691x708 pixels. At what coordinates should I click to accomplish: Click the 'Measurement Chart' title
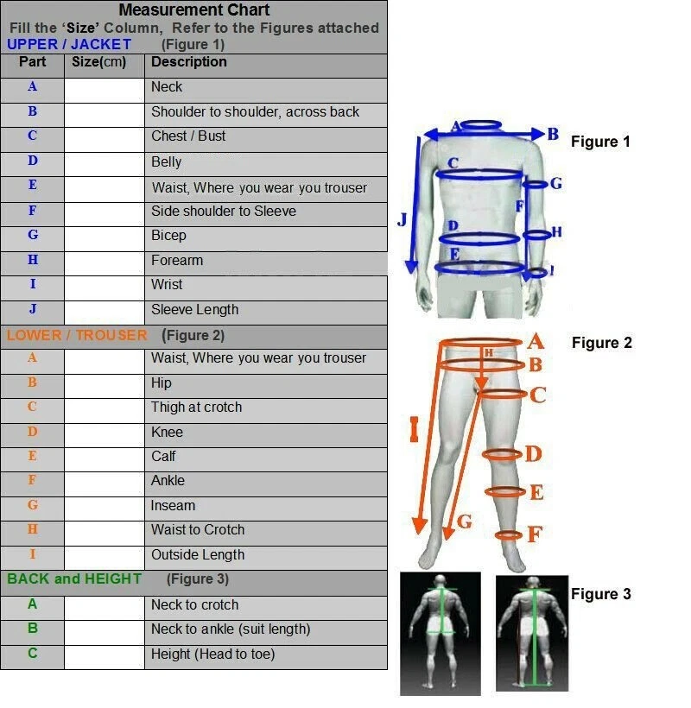pyautogui.click(x=194, y=10)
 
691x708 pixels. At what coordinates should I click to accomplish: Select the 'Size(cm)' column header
pyautogui.click(x=98, y=62)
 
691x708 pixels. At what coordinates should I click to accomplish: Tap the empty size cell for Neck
pyautogui.click(x=105, y=87)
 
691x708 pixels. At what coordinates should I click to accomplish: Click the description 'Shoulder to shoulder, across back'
pyautogui.click(x=255, y=112)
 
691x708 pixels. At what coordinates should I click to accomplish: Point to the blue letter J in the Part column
pyautogui.click(x=33, y=309)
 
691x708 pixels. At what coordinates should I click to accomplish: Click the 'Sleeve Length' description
pyautogui.click(x=194, y=310)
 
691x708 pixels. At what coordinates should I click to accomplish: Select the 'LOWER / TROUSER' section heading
pyautogui.click(x=77, y=335)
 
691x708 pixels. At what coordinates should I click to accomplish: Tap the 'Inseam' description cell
pyautogui.click(x=173, y=506)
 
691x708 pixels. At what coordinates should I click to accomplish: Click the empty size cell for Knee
pyautogui.click(x=105, y=433)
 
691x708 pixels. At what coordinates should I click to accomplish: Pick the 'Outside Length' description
pyautogui.click(x=198, y=555)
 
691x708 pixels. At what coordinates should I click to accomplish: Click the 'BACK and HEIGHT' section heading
pyautogui.click(x=74, y=579)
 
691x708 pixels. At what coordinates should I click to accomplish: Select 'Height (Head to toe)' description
pyautogui.click(x=212, y=654)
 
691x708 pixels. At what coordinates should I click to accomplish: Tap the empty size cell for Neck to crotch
pyautogui.click(x=105, y=605)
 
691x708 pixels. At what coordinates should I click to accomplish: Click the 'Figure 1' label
pyautogui.click(x=600, y=142)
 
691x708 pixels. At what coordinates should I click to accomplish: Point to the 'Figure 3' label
pyautogui.click(x=600, y=594)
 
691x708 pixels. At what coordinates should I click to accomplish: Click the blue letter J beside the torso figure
pyautogui.click(x=402, y=220)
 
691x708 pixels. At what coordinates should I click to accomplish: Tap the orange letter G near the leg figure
pyautogui.click(x=465, y=521)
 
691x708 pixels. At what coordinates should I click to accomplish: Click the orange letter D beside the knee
pyautogui.click(x=533, y=454)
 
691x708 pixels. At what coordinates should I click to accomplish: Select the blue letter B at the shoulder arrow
pyautogui.click(x=553, y=135)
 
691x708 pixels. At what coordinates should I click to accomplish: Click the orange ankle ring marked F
pyautogui.click(x=509, y=535)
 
